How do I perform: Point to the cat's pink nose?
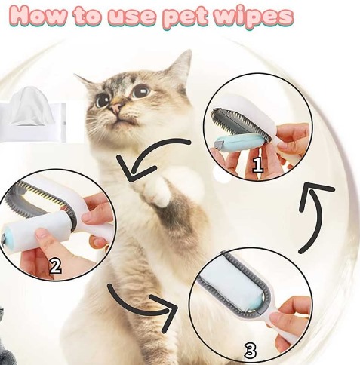115,108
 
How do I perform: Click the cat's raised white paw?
157,191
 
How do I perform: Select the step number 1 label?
257,164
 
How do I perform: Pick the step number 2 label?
55,266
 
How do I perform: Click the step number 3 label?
250,351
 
